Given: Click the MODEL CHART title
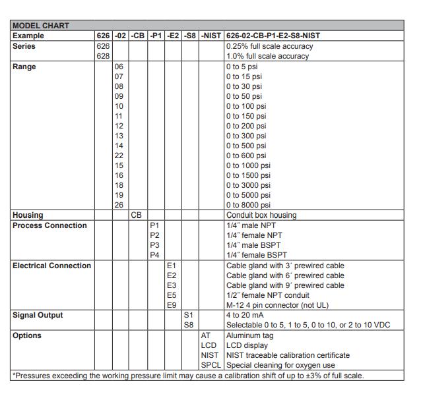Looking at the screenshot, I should click(40, 26).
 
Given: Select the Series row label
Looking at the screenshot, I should click(24, 46).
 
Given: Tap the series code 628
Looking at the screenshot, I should click(103, 56).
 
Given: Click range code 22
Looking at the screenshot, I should click(119, 156).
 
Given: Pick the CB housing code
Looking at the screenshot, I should click(137, 215).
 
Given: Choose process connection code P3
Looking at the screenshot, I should click(154, 245).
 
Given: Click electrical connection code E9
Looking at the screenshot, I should click(172, 305).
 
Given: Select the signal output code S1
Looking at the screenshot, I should click(189, 315).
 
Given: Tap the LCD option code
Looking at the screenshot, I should click(209, 345).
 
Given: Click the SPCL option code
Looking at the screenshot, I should click(211, 365).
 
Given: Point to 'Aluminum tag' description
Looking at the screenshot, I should click(249, 335).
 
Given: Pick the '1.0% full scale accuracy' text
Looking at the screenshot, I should click(267, 56).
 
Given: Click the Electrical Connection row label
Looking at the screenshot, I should click(51, 266).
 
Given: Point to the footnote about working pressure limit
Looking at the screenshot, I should click(188, 376).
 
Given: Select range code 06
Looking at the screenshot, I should click(119, 67).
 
